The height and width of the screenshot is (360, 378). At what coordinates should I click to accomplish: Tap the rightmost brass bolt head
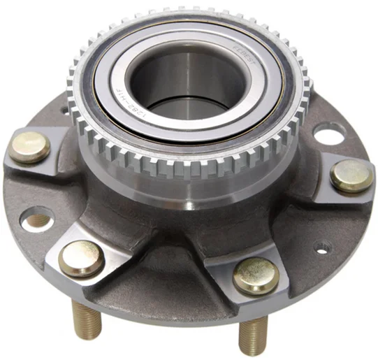click(351, 175)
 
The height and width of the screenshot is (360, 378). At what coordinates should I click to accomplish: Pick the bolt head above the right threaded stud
click(255, 275)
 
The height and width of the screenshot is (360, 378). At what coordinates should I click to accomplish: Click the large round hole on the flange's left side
click(37, 219)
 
